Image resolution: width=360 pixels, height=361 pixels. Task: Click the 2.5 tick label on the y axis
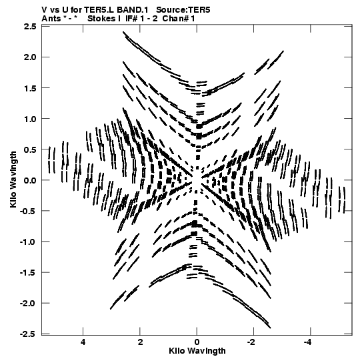tap(30, 27)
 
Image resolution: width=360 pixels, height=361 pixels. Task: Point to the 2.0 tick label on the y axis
tap(30, 57)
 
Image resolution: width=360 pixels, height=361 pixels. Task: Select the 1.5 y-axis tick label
tap(30, 88)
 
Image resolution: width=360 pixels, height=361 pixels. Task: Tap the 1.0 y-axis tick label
tap(30, 119)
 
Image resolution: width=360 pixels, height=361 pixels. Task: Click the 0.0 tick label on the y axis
tap(30, 180)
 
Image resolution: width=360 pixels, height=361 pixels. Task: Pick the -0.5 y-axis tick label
tap(28, 211)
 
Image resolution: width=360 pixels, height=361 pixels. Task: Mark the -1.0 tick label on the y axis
tap(28, 242)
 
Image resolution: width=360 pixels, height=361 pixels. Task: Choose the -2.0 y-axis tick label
tap(28, 303)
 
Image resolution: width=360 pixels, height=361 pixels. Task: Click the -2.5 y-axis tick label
tap(28, 334)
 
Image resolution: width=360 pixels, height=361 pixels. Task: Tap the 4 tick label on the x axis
tap(83, 342)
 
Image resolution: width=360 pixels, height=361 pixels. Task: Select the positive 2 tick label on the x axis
tap(140, 342)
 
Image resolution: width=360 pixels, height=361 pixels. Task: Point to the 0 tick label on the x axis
tap(197, 342)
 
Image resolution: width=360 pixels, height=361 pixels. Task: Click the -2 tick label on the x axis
tap(251, 342)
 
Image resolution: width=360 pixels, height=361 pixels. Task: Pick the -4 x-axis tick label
tap(308, 342)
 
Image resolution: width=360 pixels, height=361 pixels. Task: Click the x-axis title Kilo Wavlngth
tap(197, 351)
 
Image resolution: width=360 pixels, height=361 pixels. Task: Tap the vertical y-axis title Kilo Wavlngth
tap(13, 179)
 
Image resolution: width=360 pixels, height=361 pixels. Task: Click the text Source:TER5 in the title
tap(183, 10)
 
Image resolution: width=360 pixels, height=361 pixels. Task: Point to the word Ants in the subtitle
tap(51, 19)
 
